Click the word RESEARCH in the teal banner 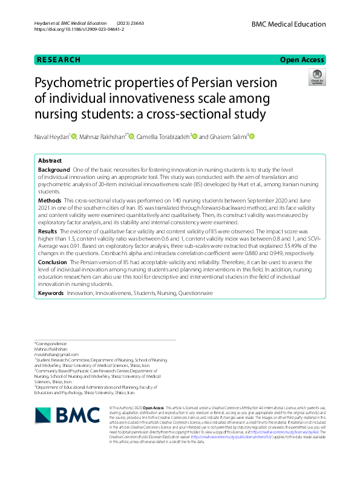click(x=59, y=60)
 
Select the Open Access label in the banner click(x=302, y=60)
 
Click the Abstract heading click(x=50, y=161)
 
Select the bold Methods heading click(x=50, y=200)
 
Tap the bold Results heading click(x=48, y=232)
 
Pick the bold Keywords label click(x=51, y=293)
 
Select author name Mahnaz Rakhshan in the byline click(x=102, y=137)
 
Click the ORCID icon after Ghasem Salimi click(x=252, y=137)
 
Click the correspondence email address click(x=56, y=355)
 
